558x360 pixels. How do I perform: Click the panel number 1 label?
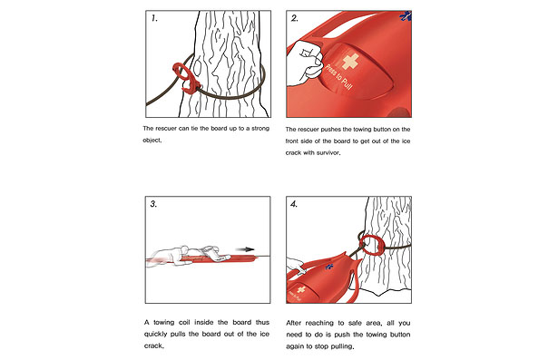click(154, 18)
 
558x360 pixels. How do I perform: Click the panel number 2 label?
click(295, 18)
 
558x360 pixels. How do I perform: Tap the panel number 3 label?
click(153, 204)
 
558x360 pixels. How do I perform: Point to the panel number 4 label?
click(294, 204)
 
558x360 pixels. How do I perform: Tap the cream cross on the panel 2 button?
click(350, 62)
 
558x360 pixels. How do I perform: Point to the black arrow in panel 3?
click(245, 249)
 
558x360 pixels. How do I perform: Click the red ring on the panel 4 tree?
click(371, 245)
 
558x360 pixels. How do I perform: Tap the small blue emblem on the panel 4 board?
click(329, 266)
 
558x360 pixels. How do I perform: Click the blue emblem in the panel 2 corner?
click(406, 16)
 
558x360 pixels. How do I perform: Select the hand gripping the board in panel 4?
click(296, 266)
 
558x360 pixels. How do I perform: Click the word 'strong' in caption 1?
click(260, 129)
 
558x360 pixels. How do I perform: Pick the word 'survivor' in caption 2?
click(328, 153)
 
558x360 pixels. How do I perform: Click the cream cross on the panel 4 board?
click(301, 289)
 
